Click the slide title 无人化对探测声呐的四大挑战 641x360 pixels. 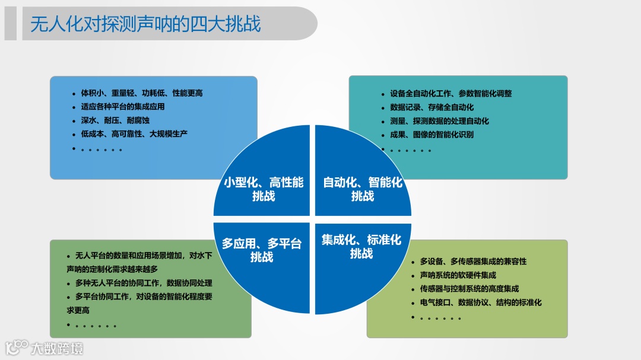[145, 24]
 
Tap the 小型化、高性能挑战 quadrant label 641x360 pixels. [264, 189]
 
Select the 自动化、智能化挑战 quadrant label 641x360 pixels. [362, 189]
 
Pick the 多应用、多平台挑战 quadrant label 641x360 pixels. [262, 250]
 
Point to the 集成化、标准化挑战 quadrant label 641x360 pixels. [361, 246]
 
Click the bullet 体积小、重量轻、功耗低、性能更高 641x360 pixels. [142, 93]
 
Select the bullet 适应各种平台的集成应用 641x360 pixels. [122, 107]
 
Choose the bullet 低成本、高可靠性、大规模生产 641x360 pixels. [134, 134]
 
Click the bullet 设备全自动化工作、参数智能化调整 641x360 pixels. [450, 94]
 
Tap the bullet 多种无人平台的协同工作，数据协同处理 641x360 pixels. [143, 283]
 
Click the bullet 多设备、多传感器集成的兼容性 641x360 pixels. [473, 262]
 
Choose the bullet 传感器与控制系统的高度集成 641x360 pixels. [469, 289]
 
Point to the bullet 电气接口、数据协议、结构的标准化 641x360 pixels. [481, 302]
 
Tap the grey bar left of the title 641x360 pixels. [10, 24]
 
